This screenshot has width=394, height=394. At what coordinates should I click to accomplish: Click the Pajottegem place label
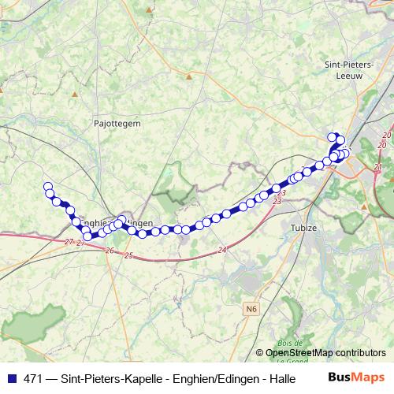[117, 124]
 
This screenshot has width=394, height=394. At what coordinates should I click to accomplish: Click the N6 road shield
[251, 310]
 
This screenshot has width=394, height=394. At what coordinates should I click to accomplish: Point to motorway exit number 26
[109, 251]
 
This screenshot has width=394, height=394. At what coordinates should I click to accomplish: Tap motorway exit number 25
[128, 256]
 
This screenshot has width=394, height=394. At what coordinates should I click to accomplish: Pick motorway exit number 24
[223, 250]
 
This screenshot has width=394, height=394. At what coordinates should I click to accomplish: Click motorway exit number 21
[377, 167]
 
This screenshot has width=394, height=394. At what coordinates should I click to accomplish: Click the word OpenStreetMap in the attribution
[299, 353]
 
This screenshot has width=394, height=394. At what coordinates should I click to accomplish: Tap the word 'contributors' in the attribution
[361, 353]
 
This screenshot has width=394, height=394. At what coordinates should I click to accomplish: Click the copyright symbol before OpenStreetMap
[259, 353]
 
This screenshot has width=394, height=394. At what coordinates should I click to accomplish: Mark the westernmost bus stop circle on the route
[47, 187]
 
